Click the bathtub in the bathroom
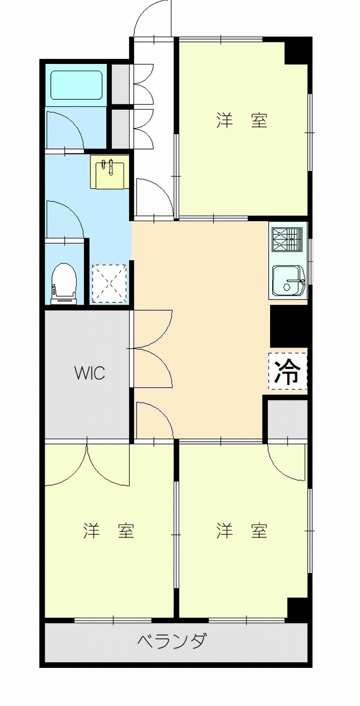[x=76, y=84]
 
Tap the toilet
[x=65, y=284]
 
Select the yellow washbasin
[x=110, y=172]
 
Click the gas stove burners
[x=288, y=239]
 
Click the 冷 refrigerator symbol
[x=287, y=371]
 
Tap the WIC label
[x=90, y=373]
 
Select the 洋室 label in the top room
[x=242, y=120]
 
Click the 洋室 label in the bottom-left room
[x=109, y=531]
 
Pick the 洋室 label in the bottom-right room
[x=242, y=531]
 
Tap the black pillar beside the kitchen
[x=289, y=326]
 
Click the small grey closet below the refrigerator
[x=287, y=419]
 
